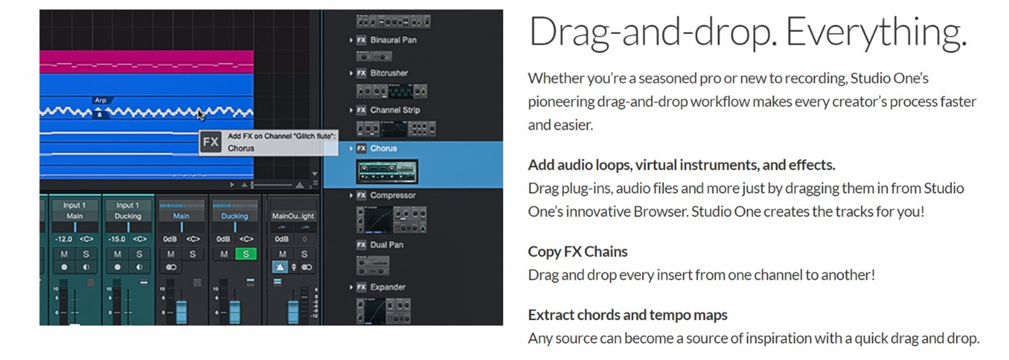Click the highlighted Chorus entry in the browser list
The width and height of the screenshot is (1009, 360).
click(x=383, y=148)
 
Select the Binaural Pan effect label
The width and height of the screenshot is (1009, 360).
click(x=393, y=40)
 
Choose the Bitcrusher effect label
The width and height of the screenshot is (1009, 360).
click(x=389, y=73)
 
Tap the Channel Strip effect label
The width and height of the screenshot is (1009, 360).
click(x=395, y=110)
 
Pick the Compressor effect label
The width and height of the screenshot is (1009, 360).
click(x=393, y=195)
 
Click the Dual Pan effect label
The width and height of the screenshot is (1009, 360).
click(x=387, y=245)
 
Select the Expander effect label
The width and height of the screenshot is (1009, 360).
click(x=388, y=287)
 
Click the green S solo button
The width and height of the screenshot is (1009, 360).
click(x=246, y=254)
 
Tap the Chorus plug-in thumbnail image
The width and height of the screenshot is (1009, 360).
click(x=387, y=171)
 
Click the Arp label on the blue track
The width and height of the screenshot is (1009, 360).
click(x=101, y=100)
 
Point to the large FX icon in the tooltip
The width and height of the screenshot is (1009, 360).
click(x=210, y=142)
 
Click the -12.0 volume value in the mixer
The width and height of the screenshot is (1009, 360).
click(x=63, y=239)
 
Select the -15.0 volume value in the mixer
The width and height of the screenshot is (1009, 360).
click(x=117, y=239)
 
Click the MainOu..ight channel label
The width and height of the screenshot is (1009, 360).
click(x=293, y=217)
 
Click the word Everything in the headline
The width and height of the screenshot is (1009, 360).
click(x=876, y=32)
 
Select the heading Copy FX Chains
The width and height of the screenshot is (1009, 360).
click(x=577, y=252)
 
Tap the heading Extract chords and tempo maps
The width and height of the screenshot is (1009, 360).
click(x=628, y=315)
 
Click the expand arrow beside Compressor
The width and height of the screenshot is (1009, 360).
click(x=351, y=195)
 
